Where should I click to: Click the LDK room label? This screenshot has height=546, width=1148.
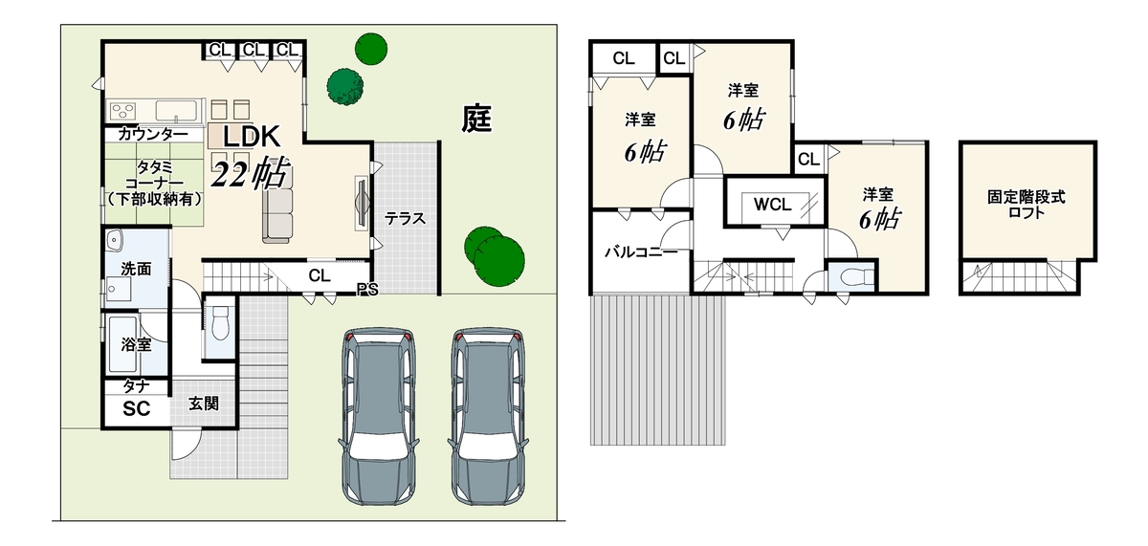click(x=252, y=137)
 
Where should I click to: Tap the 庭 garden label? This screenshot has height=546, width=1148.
click(x=476, y=119)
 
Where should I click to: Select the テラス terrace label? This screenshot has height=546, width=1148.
click(x=405, y=219)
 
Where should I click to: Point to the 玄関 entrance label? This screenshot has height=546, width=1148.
click(x=204, y=404)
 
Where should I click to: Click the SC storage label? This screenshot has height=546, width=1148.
click(x=136, y=408)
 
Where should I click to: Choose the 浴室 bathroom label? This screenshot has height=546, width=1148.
click(x=136, y=344)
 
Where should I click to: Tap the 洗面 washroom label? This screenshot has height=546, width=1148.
click(x=136, y=269)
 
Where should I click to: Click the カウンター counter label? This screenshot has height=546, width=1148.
click(x=153, y=135)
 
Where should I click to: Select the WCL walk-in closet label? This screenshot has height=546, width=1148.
click(x=772, y=205)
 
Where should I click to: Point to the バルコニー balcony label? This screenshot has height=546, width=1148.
click(x=641, y=252)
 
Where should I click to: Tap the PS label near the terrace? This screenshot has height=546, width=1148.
click(x=367, y=290)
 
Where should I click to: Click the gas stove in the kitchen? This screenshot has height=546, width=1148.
click(x=123, y=111)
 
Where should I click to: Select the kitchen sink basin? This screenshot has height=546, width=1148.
click(x=176, y=111)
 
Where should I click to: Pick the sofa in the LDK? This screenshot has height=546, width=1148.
click(x=277, y=214)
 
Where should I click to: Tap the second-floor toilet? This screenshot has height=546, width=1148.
click(x=857, y=277)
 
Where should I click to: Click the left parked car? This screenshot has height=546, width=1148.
click(x=379, y=416)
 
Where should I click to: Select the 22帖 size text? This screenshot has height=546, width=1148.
click(x=251, y=173)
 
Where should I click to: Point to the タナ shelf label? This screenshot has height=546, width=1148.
click(x=136, y=386)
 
